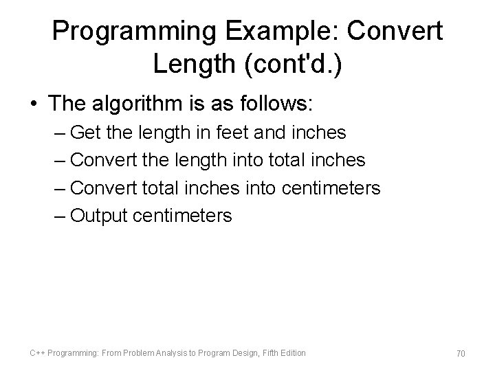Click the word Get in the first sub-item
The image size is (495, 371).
click(x=86, y=132)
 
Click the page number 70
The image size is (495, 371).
click(x=461, y=354)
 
